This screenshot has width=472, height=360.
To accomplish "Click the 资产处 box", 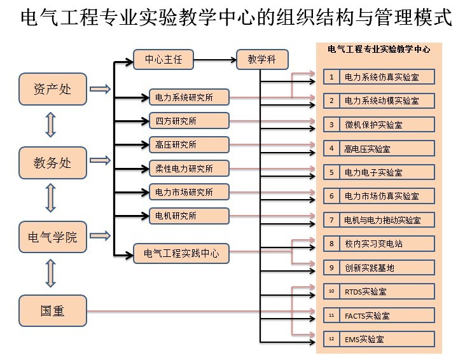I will [x=53, y=90].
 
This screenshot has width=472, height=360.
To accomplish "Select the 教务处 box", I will [x=53, y=163].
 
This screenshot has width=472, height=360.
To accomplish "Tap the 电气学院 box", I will [x=53, y=237].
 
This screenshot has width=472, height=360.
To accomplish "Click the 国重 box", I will [x=53, y=311].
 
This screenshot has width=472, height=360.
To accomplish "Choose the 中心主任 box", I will [x=163, y=60].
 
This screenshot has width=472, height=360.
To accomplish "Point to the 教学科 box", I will [x=261, y=60].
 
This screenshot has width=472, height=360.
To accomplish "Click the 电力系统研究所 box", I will [x=189, y=98].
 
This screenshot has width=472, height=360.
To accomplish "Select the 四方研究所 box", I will [x=189, y=121].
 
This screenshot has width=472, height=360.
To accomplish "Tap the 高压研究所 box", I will [x=189, y=144].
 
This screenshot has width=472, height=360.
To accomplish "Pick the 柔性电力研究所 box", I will [x=189, y=169].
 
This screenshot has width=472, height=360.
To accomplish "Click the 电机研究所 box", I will [x=189, y=216].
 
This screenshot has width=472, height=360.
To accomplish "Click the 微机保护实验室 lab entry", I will [x=387, y=124].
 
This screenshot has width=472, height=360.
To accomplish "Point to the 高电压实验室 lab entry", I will [x=387, y=149].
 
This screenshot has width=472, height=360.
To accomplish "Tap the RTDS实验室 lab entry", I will [x=387, y=291].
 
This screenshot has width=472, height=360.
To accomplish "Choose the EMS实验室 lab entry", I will [x=387, y=339].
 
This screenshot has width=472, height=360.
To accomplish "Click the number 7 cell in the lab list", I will [x=331, y=220].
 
